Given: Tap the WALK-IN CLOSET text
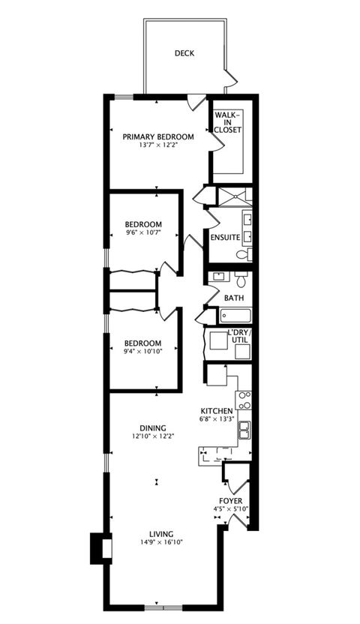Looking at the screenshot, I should coord(227,123).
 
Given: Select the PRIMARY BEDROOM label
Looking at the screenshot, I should coord(158,136).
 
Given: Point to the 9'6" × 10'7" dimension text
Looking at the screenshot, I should coord(143,233).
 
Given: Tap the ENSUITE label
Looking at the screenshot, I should coord(224,237).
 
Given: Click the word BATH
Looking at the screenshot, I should coord(234,298).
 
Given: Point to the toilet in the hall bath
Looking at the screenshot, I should coord(241,280).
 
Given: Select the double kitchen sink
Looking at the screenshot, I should coord(244,430).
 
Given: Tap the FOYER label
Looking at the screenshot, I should coord(230,500).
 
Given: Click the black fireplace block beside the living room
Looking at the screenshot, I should coord(98,548).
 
